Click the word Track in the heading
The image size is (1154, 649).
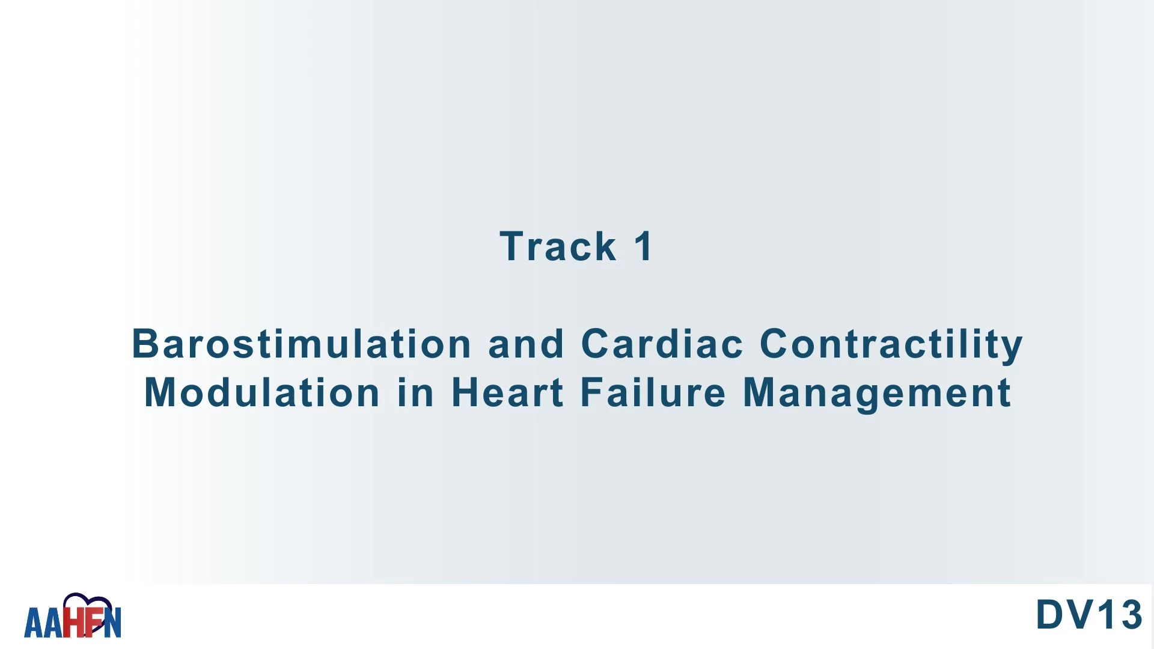pos(558,246)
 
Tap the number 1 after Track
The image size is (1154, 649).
pos(644,246)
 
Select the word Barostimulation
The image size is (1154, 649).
pos(302,344)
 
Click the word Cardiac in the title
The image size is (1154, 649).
pos(662,344)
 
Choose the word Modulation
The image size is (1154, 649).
pos(262,392)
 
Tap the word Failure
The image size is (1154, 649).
pos(653,392)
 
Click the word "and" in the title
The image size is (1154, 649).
pos(526,344)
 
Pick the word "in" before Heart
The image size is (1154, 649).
pos(415,392)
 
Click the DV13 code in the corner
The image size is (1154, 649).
pos(1088,615)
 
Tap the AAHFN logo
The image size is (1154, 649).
pos(73,616)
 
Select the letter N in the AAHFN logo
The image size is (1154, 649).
pos(112,623)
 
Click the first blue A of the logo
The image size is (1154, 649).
pos(34,623)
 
